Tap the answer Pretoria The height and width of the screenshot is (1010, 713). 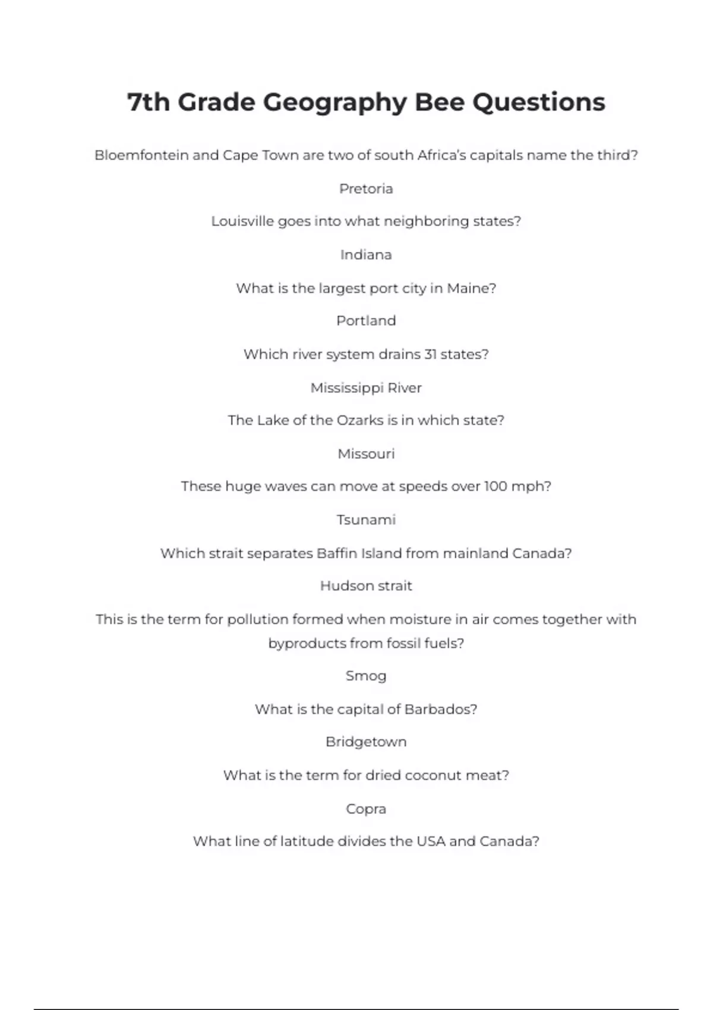[x=366, y=189]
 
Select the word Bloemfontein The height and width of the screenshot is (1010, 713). [x=141, y=156]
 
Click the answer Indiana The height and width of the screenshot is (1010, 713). [x=366, y=255]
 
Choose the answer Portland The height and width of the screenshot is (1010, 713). [x=366, y=321]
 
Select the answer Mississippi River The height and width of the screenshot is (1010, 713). [x=366, y=388]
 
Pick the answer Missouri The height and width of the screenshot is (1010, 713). [x=366, y=454]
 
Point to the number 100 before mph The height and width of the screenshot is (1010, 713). [x=495, y=486]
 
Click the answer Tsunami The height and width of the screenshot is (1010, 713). [x=366, y=520]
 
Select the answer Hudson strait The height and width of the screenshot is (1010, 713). [x=366, y=586]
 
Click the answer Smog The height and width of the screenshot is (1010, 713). [x=366, y=676]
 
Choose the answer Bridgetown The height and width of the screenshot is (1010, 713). [x=366, y=742]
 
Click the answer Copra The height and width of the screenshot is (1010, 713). [x=366, y=809]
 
